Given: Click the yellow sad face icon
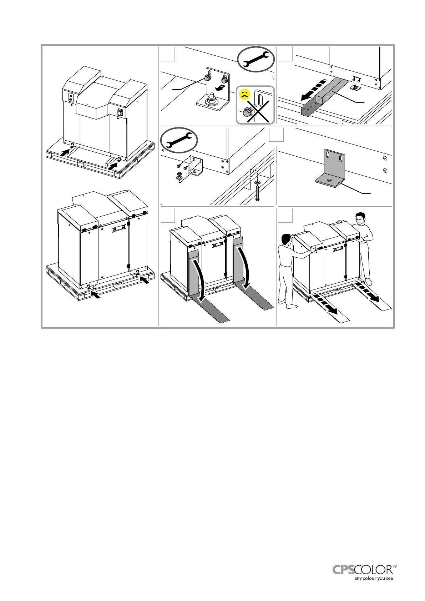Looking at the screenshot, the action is (x=244, y=95).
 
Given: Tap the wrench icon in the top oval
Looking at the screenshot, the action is (x=256, y=59).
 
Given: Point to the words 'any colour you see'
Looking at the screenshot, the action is (x=373, y=579).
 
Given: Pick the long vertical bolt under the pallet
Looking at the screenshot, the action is (x=258, y=192).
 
